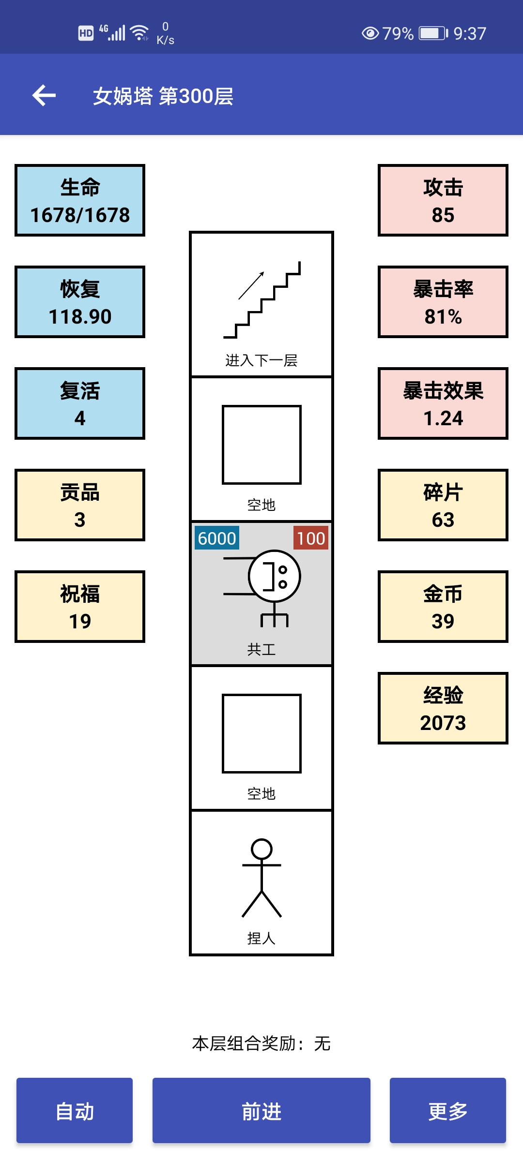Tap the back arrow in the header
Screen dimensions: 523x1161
44,95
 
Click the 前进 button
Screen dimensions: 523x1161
261,1110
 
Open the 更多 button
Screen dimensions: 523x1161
448,1110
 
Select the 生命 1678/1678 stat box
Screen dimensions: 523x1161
80,200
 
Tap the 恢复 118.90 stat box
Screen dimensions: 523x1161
80,302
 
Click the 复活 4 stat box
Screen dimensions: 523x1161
80,403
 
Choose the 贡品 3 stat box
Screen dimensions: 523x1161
80,505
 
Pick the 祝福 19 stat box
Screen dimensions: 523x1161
80,607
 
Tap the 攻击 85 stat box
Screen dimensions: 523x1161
443,200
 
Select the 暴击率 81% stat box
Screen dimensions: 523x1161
443,302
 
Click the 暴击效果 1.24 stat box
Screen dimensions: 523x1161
443,403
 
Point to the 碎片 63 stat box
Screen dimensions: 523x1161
443,505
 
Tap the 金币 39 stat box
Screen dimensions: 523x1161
443,607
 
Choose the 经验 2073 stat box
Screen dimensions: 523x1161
443,708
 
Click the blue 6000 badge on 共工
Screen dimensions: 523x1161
217,538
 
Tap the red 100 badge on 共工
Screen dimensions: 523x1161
311,538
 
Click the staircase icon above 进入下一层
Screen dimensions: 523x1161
261,300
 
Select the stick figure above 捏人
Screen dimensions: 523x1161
261,878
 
